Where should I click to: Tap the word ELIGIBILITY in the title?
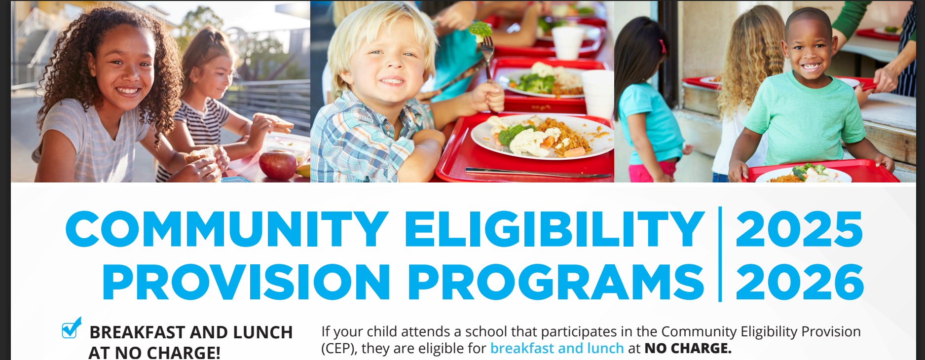[555, 229]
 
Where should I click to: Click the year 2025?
[799, 229]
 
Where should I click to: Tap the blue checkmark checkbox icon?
[72, 328]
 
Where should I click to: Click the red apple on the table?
[278, 165]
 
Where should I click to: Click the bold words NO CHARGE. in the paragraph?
[688, 348]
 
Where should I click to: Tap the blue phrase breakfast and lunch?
[557, 348]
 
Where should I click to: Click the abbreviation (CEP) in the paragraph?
[339, 349]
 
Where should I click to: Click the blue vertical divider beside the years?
[720, 254]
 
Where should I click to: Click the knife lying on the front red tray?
[538, 173]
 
